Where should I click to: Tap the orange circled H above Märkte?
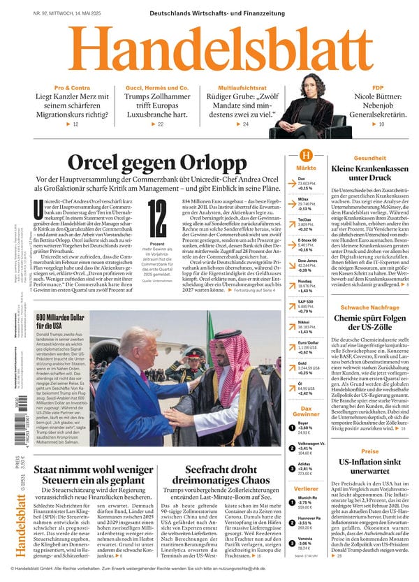(x=305, y=157)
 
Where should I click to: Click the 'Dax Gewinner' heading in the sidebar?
(x=305, y=412)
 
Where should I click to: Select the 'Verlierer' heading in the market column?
(x=305, y=489)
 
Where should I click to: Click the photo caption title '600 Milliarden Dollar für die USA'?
(x=59, y=321)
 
